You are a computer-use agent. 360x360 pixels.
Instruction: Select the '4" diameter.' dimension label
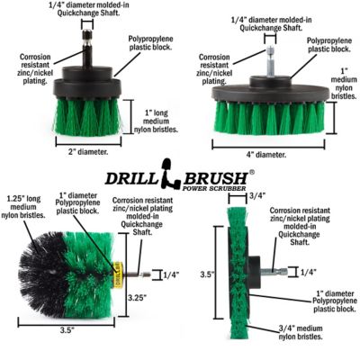269,154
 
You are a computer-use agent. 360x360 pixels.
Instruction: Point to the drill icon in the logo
165,170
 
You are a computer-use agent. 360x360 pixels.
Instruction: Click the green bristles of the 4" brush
269,117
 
